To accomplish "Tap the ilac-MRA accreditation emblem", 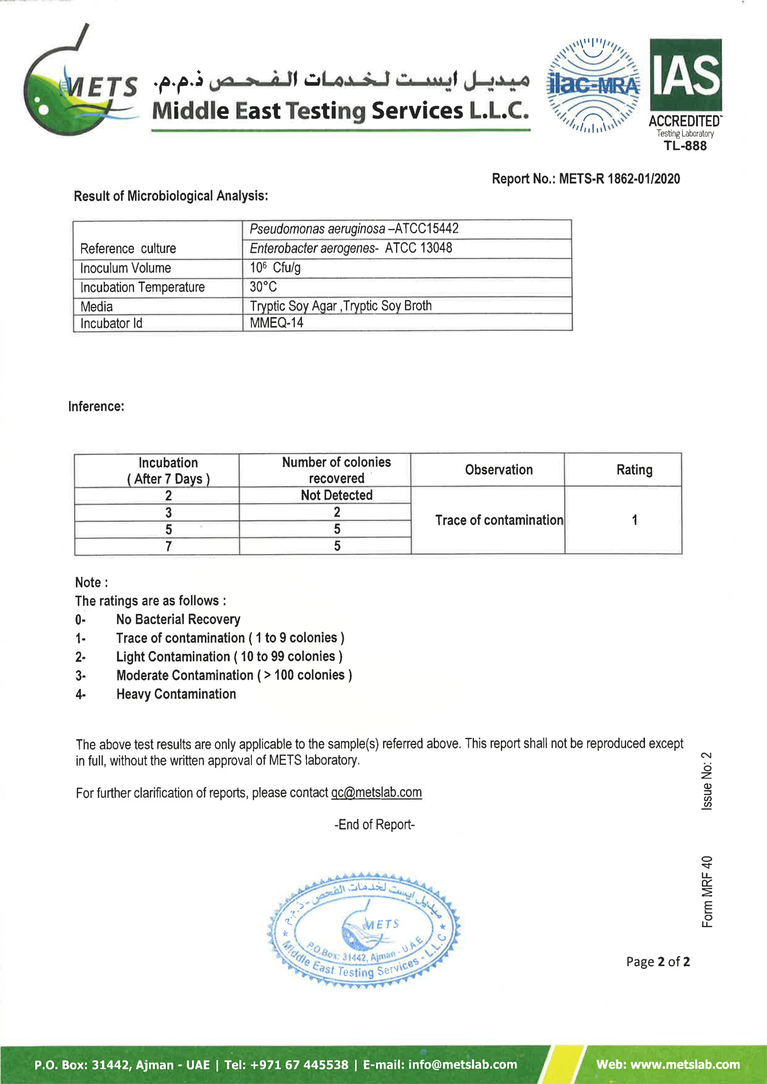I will (x=593, y=85).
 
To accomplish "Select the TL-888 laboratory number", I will (x=685, y=146).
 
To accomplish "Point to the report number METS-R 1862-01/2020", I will (x=586, y=179).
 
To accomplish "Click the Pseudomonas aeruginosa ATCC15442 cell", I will (x=354, y=229).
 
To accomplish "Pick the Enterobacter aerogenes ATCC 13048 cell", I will (x=351, y=249).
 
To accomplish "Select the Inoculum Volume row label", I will (x=125, y=268).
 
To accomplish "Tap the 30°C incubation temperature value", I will (x=263, y=287).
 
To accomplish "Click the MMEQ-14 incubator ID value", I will (x=276, y=323).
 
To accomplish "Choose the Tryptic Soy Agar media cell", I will (x=340, y=306).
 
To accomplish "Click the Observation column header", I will (x=499, y=470).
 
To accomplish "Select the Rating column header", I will (x=634, y=470).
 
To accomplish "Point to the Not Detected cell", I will (x=337, y=495).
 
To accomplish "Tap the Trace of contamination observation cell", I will (x=499, y=520).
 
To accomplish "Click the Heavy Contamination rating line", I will (x=176, y=694).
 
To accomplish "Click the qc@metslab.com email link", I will (x=377, y=792).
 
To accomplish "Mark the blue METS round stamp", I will (x=364, y=931).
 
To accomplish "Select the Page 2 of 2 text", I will (x=658, y=962).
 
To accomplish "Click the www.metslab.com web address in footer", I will (x=668, y=1065).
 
